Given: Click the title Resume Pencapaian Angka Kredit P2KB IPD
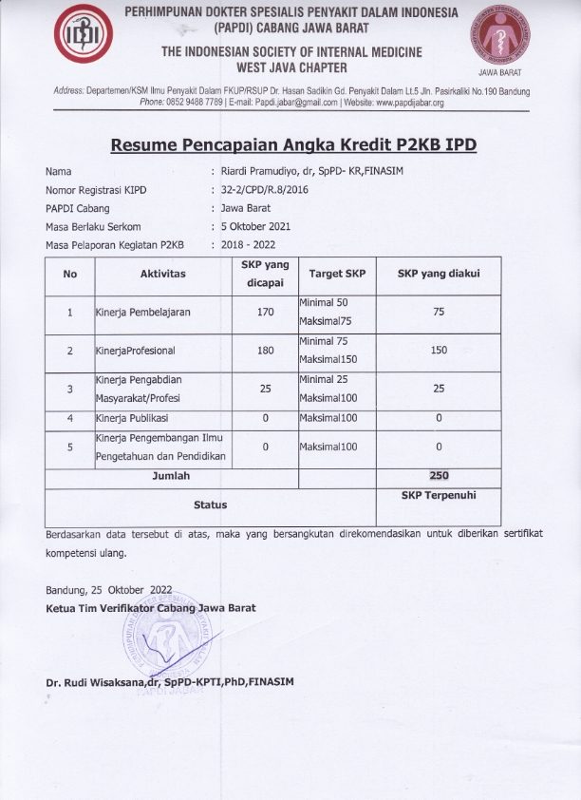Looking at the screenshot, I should click(293, 145).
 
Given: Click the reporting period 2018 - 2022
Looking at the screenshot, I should click(249, 244).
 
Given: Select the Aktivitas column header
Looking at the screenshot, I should click(162, 274).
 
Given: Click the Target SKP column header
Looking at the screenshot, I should click(337, 274).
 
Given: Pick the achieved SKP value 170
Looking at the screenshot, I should click(265, 312).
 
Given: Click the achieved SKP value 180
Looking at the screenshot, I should click(265, 351).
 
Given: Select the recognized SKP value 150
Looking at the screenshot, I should click(439, 351).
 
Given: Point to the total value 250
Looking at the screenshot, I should click(439, 475).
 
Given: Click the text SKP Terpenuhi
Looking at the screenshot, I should click(439, 496).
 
